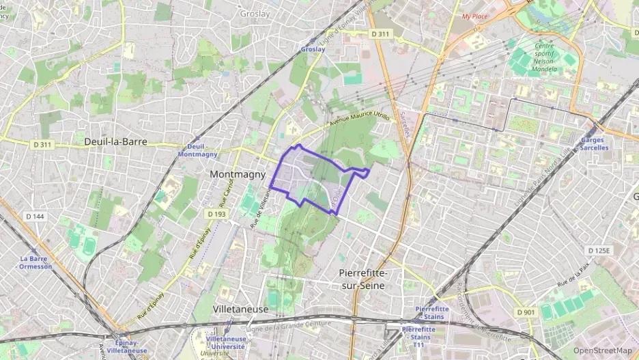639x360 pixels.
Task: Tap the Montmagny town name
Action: [x=238, y=174]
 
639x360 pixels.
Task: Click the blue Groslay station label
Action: [x=313, y=49]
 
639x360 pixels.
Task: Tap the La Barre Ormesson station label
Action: [x=35, y=262]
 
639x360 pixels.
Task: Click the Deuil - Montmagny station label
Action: [x=197, y=150]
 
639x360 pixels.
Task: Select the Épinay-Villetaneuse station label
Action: [x=127, y=346]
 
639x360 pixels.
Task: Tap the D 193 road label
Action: [x=216, y=214]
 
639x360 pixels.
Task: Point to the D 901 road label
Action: [x=526, y=312]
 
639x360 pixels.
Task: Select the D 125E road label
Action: [x=598, y=251]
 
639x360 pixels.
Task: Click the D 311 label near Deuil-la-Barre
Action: [x=42, y=144]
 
